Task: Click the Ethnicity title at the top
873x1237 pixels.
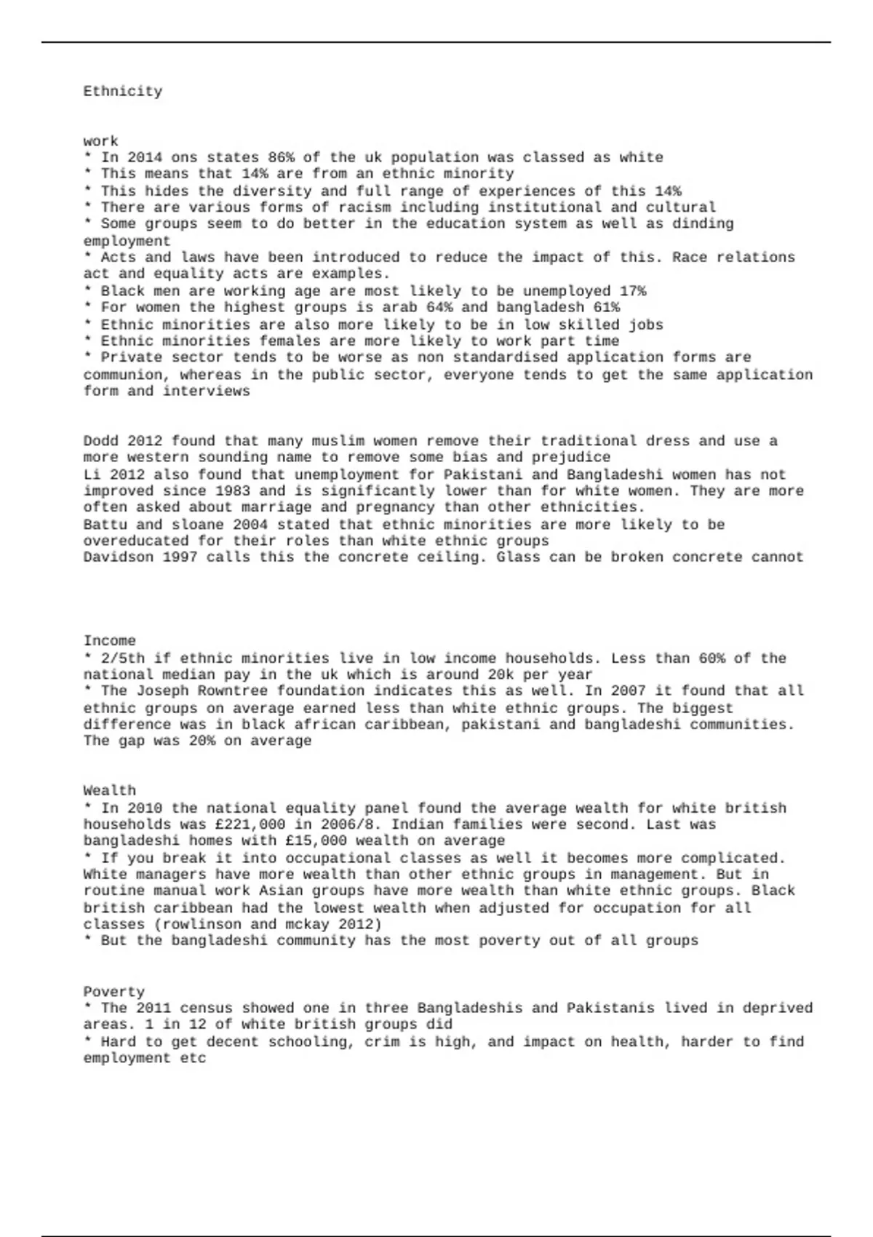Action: tap(122, 92)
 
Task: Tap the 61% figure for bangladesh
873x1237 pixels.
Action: tap(606, 307)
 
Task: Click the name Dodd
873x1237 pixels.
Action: tap(100, 441)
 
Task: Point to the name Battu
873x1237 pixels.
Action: tap(105, 525)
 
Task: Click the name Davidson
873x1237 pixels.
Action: tap(118, 557)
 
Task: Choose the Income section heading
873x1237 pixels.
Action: tap(109, 641)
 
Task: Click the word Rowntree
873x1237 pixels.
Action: tap(233, 691)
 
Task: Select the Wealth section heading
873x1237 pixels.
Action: tap(109, 791)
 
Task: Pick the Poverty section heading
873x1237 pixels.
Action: tap(113, 992)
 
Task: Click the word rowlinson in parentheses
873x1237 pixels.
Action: tap(198, 925)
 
